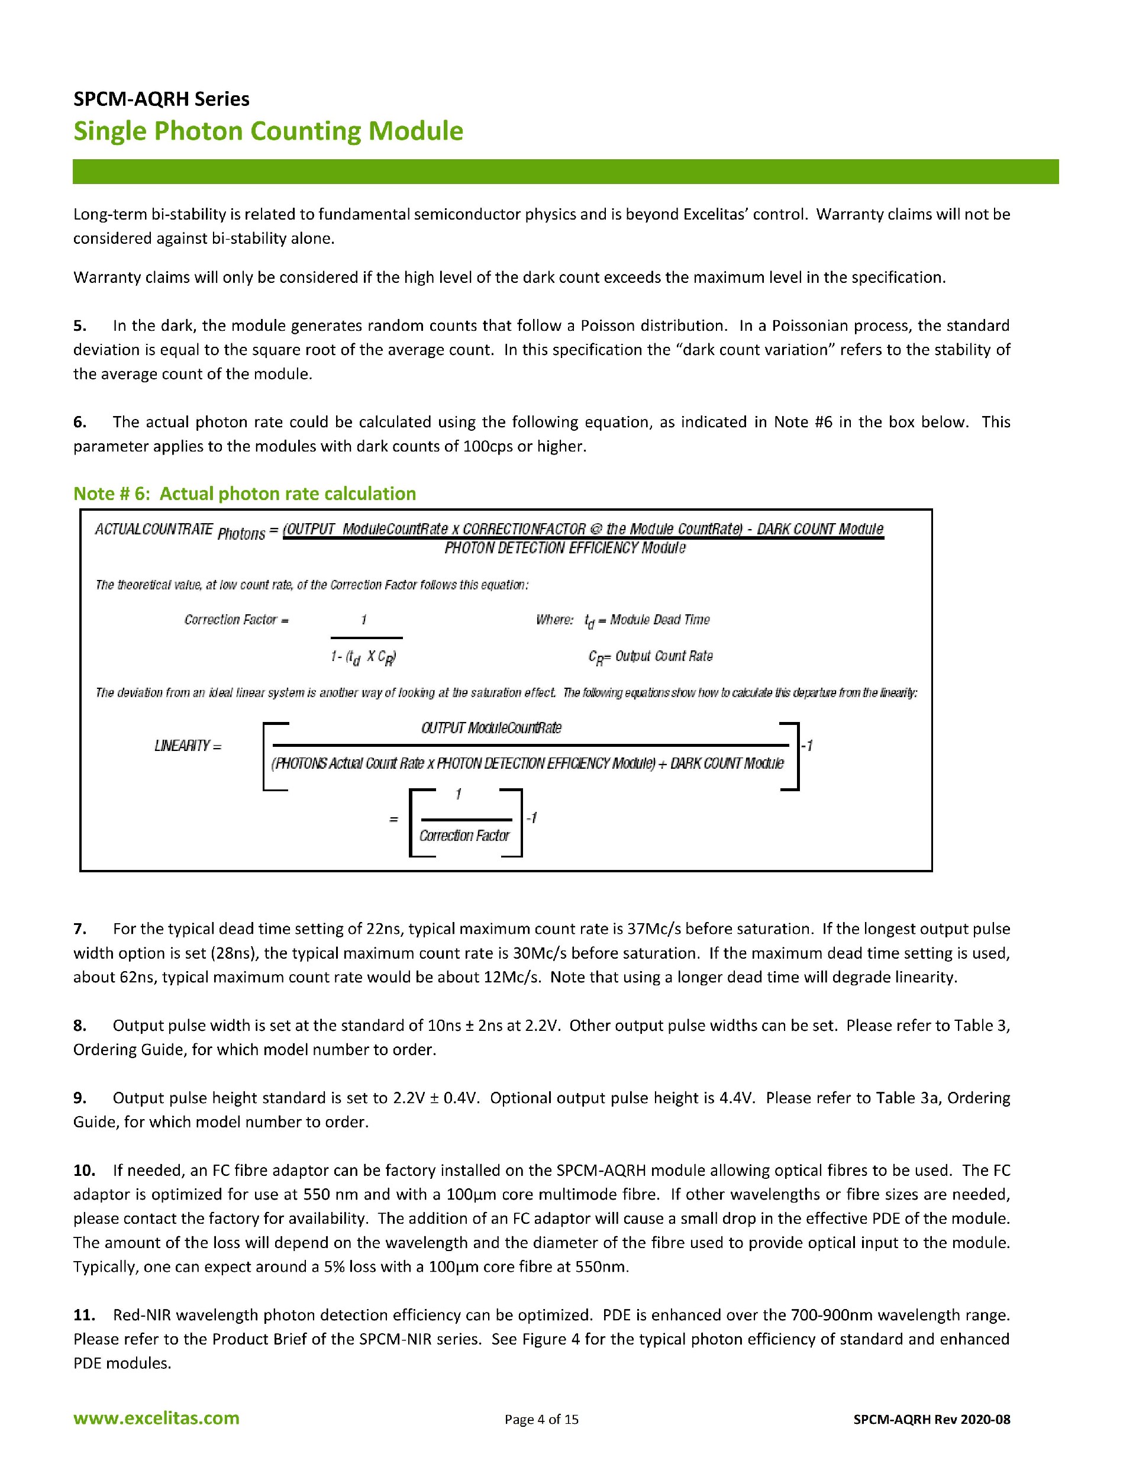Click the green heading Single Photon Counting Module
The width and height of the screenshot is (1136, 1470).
268,131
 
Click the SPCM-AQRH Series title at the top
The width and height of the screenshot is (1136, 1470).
161,99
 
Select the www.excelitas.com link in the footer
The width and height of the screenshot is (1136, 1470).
156,1418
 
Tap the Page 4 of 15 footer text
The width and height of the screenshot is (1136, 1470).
541,1420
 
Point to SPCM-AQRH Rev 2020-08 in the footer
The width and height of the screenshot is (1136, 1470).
931,1420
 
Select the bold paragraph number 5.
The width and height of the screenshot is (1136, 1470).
80,325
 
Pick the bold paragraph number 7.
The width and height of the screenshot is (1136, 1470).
80,929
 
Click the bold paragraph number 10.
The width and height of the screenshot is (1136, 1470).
84,1171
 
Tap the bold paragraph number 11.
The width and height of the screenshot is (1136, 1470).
84,1315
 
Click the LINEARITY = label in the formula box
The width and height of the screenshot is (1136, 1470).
188,746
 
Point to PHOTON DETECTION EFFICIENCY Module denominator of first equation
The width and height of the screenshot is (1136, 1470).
564,548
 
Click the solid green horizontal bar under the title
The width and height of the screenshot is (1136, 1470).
565,172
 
